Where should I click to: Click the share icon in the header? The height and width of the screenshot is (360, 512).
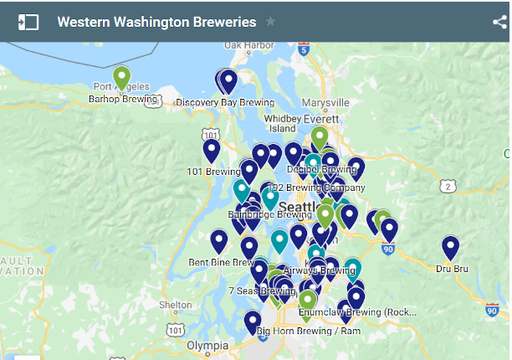[500, 22]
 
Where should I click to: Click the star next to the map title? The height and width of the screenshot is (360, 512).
[270, 22]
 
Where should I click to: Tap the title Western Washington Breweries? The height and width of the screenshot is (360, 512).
[156, 22]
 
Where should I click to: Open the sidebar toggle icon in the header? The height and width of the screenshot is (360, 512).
[28, 22]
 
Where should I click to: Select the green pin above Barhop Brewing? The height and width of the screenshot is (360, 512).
[122, 78]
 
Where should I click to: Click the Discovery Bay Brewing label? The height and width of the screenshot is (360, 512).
[225, 102]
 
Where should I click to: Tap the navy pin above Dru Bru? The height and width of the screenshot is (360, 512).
[451, 247]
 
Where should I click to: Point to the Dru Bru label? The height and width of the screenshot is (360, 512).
[451, 268]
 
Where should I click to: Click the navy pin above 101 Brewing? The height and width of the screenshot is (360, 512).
[212, 150]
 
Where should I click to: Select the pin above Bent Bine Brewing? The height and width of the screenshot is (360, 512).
[219, 241]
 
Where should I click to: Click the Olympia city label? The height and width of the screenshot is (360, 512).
[207, 344]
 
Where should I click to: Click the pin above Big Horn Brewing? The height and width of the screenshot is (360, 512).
[253, 321]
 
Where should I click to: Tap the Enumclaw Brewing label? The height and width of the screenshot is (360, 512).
[351, 311]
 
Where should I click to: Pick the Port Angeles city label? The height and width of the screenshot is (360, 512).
[115, 87]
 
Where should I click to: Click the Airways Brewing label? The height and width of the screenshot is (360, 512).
[320, 270]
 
